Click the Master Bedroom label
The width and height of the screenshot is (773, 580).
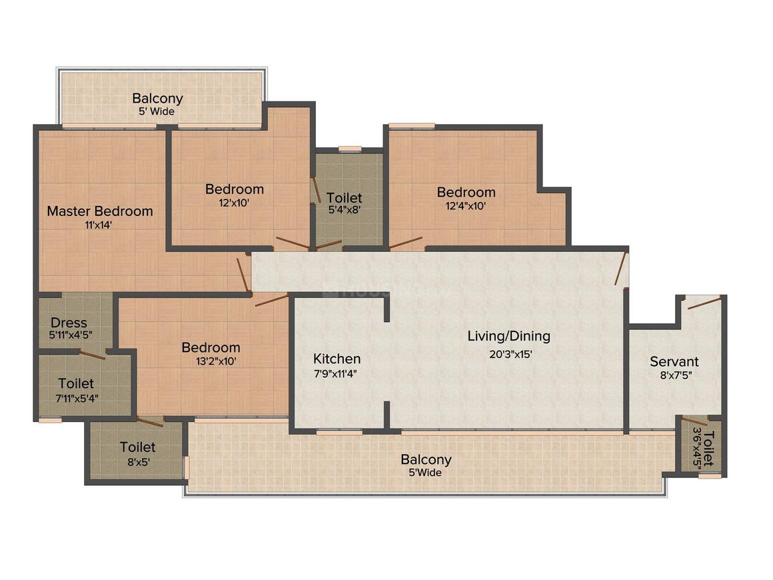point(100,211)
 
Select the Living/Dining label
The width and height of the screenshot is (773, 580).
point(508,336)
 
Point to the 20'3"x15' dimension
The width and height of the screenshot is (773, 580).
point(511,355)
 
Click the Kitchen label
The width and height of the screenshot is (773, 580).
point(337,359)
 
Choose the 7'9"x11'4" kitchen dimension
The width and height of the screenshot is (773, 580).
point(336,374)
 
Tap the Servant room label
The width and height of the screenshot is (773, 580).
point(674,362)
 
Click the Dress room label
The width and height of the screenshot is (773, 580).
point(69,323)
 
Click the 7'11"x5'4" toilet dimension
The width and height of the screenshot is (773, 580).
point(76,399)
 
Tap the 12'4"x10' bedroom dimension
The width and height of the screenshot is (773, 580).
point(466,206)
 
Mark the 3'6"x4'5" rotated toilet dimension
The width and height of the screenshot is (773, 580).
point(698,449)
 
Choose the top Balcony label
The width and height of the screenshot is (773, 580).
point(157,99)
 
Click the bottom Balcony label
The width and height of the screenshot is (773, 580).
point(426,459)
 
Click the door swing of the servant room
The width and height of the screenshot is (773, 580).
point(704,303)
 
